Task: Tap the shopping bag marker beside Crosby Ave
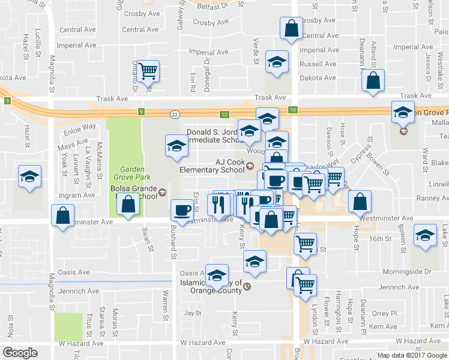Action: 291,28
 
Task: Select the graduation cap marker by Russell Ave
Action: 277,62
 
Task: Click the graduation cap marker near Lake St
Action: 426,236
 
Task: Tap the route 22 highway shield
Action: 174,113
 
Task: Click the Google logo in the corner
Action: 20,353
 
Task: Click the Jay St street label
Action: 193,313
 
